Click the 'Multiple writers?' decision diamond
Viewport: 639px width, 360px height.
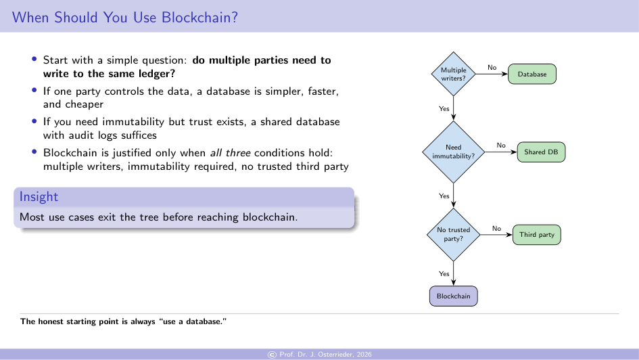point(453,74)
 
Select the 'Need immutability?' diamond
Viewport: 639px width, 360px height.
point(453,152)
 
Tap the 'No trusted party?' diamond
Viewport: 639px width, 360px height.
point(453,234)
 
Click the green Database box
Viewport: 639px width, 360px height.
point(531,74)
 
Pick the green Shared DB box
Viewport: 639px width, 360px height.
point(541,152)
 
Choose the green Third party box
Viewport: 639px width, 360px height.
point(537,235)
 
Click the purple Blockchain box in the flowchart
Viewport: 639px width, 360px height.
point(453,296)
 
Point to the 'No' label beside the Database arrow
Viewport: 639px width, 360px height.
point(492,67)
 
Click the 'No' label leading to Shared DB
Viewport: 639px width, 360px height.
point(501,145)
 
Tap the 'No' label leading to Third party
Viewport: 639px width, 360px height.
point(496,228)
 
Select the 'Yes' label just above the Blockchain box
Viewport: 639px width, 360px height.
point(444,274)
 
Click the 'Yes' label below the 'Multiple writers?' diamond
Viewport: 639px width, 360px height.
point(444,108)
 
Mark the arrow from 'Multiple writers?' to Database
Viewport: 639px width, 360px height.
point(492,74)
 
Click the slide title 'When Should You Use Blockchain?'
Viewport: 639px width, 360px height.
point(125,18)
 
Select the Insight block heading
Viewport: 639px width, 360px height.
point(39,197)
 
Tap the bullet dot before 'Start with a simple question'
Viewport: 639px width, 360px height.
point(34,60)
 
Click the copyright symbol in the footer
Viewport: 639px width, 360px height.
point(272,355)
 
